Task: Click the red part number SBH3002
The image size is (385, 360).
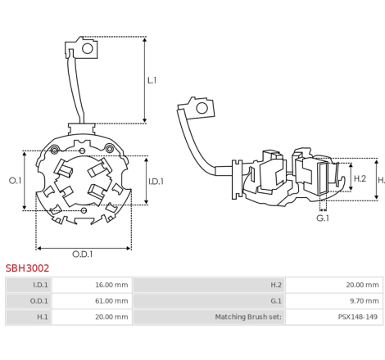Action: click(x=27, y=268)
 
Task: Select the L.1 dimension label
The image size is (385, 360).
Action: click(x=152, y=80)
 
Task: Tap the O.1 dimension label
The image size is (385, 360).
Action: click(x=15, y=180)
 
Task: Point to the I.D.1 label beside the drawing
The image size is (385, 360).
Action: click(x=156, y=182)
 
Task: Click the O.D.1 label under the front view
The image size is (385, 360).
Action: click(x=82, y=254)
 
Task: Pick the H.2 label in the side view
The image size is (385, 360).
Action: click(x=360, y=178)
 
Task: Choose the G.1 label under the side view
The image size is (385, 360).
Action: click(x=323, y=218)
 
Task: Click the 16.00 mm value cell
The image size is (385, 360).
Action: click(x=92, y=285)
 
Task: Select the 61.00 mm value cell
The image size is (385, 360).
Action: click(x=92, y=301)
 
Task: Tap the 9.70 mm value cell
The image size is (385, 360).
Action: click(x=334, y=301)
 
